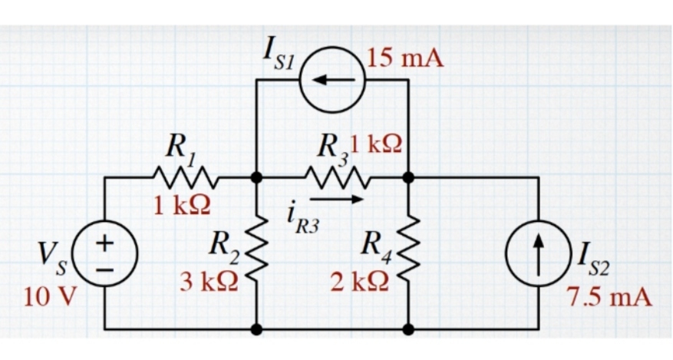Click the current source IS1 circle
332,79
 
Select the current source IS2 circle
539,253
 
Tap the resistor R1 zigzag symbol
181,177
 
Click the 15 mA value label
406,58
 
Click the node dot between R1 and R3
256,177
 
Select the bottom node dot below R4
408,329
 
